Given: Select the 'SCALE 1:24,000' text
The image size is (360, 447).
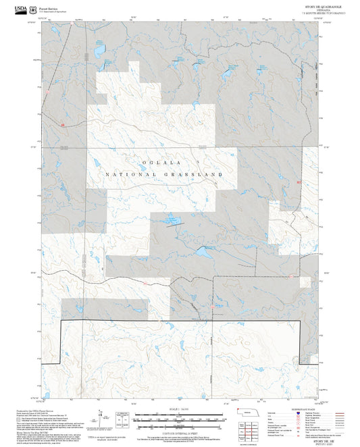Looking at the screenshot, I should coord(179,409).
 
